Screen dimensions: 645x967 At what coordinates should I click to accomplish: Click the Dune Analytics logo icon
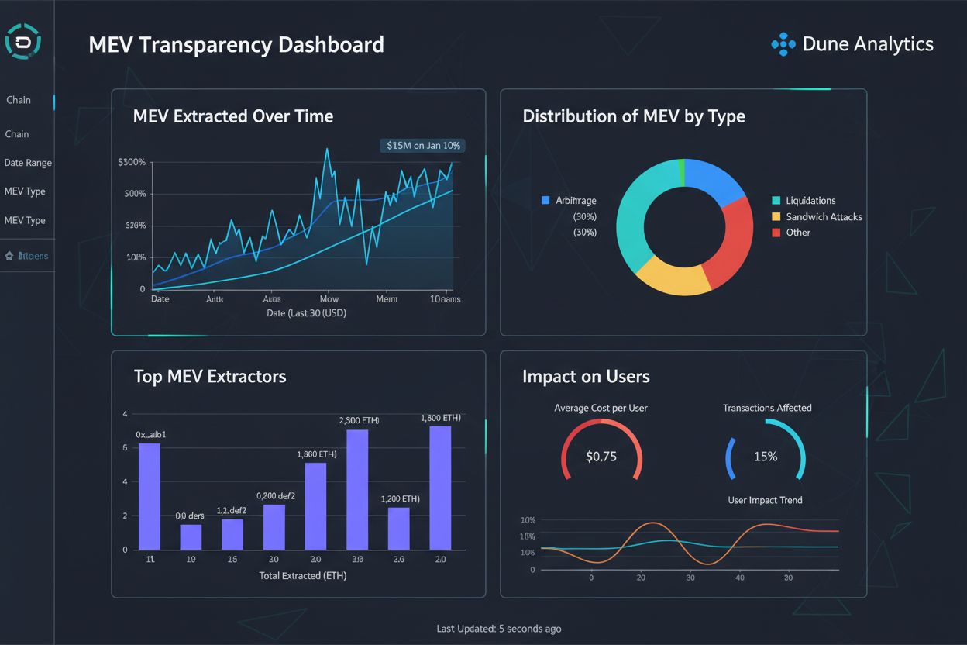click(783, 44)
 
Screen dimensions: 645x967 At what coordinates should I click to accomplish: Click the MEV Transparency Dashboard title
click(236, 44)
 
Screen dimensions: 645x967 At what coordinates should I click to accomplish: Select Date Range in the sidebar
click(28, 163)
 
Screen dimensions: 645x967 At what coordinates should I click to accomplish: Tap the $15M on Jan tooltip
click(422, 145)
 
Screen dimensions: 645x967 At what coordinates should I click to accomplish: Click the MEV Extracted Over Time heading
click(233, 116)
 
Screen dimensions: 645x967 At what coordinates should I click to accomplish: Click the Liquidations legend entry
click(810, 201)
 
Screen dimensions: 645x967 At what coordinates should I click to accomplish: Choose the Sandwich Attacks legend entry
click(823, 217)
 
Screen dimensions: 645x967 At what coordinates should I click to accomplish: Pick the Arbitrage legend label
click(576, 201)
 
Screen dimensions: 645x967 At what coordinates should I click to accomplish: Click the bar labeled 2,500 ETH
click(357, 488)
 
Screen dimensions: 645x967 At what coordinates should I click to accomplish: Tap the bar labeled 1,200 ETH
click(398, 527)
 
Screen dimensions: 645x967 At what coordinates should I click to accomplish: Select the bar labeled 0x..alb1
click(150, 496)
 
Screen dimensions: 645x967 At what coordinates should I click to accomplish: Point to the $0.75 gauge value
click(601, 457)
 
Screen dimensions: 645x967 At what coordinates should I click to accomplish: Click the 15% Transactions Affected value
click(766, 457)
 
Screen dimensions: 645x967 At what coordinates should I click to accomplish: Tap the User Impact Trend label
click(765, 500)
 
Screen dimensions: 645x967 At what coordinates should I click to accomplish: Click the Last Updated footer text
click(498, 629)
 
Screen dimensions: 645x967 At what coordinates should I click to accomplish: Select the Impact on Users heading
click(586, 377)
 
